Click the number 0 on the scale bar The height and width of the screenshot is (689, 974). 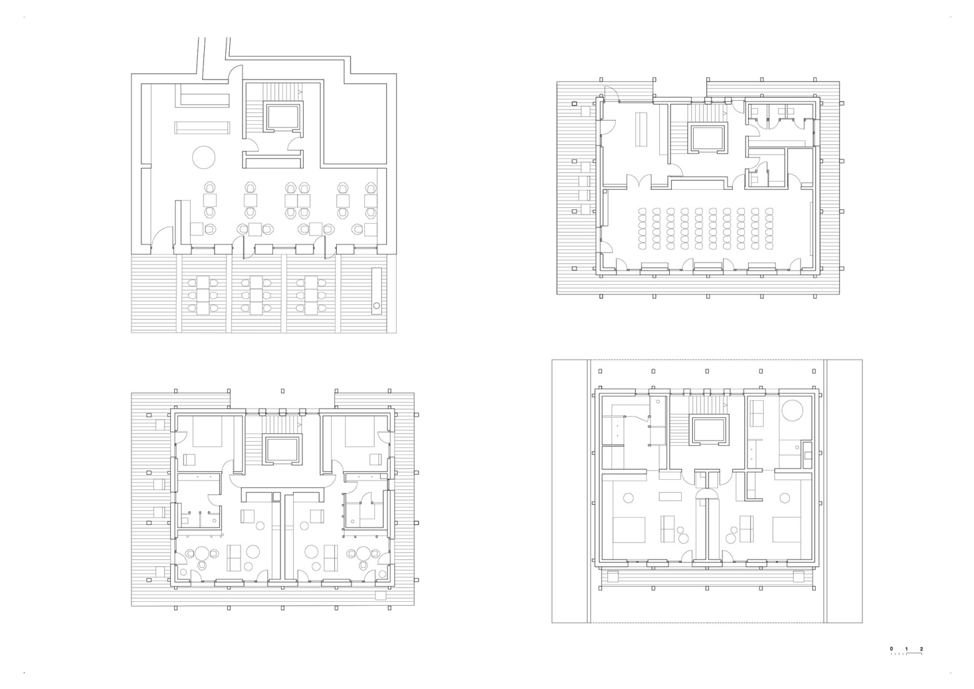click(x=891, y=649)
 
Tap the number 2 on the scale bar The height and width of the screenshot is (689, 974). click(x=921, y=649)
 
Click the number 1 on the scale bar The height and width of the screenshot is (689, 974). click(x=906, y=649)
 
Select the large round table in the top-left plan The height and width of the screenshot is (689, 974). click(x=204, y=157)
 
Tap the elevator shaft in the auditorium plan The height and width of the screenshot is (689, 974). click(x=708, y=138)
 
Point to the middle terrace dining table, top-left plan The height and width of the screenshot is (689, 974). click(x=256, y=294)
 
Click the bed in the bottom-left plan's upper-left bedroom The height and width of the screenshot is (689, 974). click(x=207, y=430)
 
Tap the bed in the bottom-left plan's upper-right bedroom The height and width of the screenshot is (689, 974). click(x=359, y=430)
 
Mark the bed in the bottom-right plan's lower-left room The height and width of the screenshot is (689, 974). click(x=628, y=529)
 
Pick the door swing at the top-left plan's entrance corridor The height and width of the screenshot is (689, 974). click(x=235, y=73)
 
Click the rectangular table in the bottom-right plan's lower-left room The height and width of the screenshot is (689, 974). click(x=669, y=496)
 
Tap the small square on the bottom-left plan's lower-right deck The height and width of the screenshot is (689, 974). click(x=381, y=596)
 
